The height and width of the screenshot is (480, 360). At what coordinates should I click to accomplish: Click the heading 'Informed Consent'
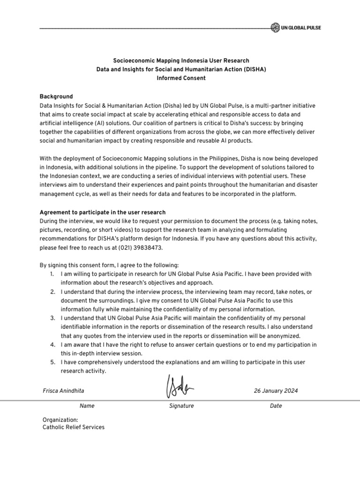181,78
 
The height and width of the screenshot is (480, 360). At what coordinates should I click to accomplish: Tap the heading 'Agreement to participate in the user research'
104,212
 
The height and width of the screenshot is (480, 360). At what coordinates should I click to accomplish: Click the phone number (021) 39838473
140,247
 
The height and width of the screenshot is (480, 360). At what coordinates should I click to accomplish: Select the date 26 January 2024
276,390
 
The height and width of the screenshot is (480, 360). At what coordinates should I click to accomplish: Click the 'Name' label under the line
87,406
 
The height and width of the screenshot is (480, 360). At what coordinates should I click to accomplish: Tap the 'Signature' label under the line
181,406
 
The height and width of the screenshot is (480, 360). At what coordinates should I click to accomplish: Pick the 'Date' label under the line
276,406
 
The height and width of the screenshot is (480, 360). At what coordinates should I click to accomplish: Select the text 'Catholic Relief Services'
74,427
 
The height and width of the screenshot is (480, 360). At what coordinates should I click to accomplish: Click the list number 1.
52,274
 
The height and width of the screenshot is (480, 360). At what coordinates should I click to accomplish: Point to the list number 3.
52,318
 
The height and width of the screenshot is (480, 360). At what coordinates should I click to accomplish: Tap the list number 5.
52,362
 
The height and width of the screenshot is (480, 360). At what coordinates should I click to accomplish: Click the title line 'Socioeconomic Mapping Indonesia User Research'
181,60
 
